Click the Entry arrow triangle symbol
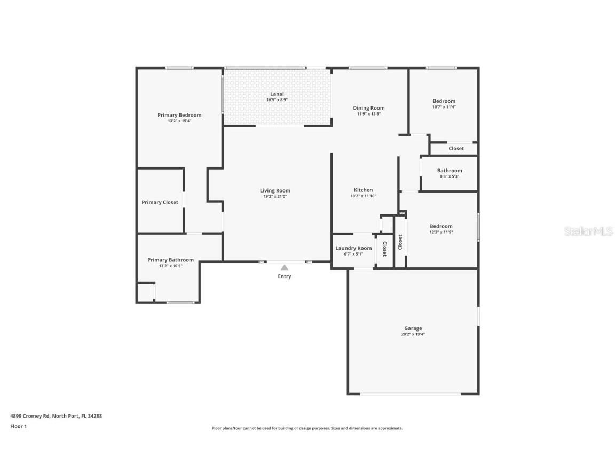(285, 267)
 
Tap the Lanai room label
(277, 94)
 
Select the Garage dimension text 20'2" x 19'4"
(413, 334)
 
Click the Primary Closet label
(160, 202)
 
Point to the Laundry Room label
(353, 248)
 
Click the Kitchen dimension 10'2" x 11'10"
(363, 196)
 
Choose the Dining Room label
(368, 108)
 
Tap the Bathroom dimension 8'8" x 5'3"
(449, 176)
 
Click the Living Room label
(275, 191)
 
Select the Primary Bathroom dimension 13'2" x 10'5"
(170, 266)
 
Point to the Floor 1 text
(18, 426)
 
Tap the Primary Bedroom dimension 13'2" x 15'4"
(179, 121)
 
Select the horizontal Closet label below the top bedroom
(456, 148)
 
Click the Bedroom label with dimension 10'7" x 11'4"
(444, 101)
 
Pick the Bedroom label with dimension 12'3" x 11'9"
(441, 226)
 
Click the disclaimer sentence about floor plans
(307, 428)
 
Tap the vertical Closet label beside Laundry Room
(384, 249)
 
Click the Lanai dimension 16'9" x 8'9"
(277, 100)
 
